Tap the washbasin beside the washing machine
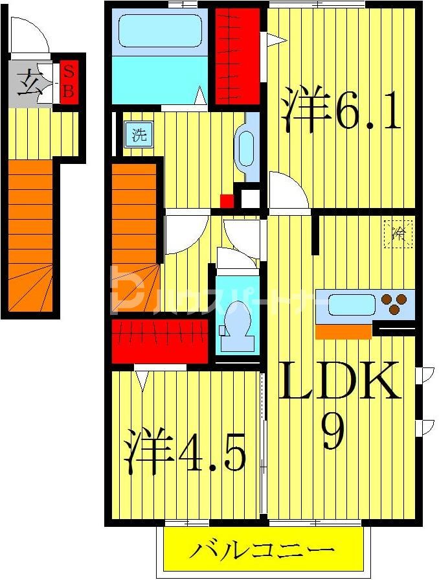point(247,148)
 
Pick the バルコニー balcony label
point(262,551)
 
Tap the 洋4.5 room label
point(185,451)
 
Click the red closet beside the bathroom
point(237,52)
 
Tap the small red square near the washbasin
point(226,200)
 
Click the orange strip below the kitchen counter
point(343,332)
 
